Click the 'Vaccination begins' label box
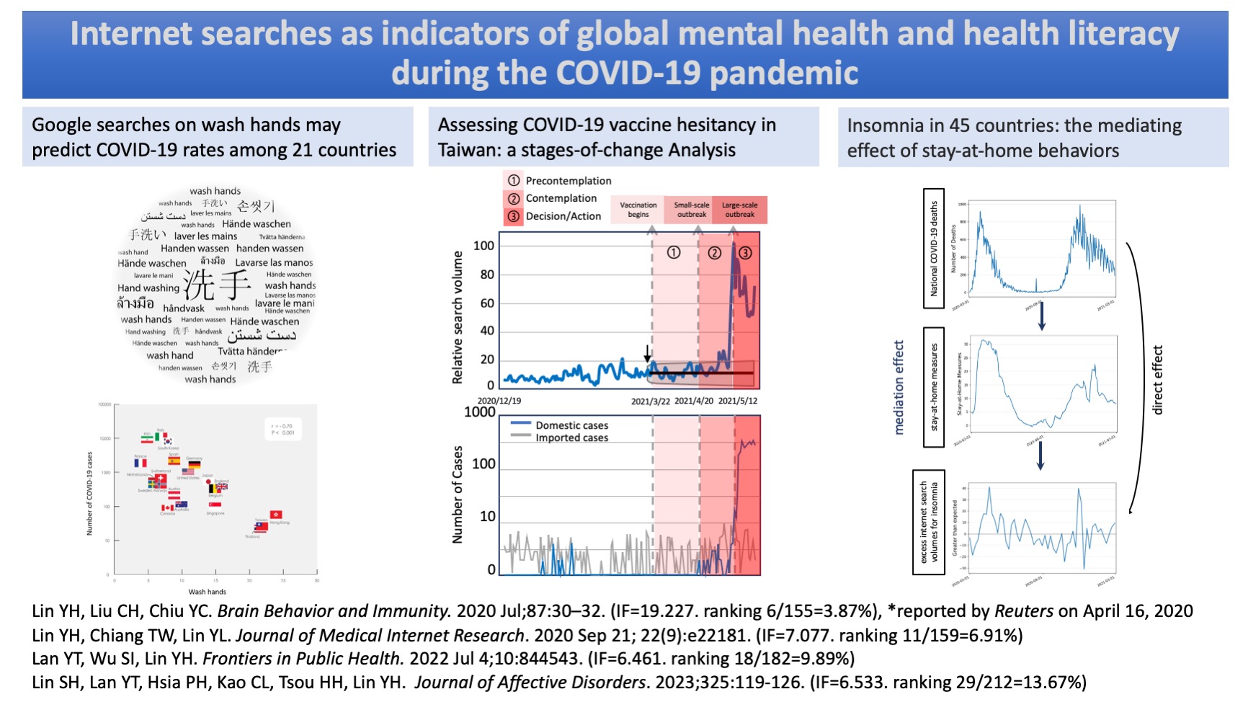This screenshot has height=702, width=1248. [638, 210]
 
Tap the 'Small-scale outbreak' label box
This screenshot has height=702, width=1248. [691, 210]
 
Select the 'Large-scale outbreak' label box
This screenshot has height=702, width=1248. [739, 210]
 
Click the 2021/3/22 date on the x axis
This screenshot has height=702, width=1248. [651, 401]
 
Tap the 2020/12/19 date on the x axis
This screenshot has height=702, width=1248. [499, 401]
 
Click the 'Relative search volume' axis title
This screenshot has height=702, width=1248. [458, 317]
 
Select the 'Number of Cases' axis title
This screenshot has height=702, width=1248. [458, 494]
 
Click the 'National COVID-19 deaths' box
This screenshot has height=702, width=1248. [934, 249]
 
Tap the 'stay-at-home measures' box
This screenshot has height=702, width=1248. [934, 387]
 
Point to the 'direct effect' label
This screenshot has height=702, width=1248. [1158, 380]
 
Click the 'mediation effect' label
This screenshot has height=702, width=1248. [899, 387]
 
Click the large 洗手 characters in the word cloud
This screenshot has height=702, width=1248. [216, 285]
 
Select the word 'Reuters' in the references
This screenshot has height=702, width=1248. [1024, 611]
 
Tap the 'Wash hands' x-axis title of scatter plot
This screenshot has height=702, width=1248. [207, 592]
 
